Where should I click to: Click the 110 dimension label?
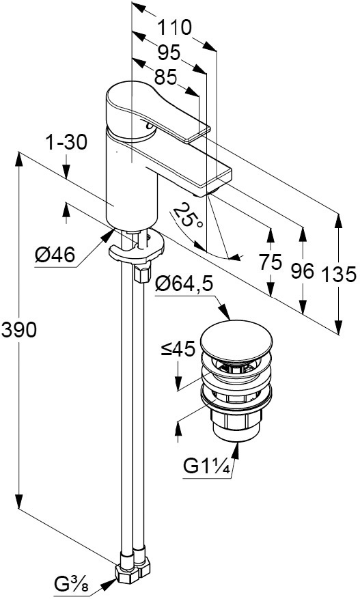(174, 28)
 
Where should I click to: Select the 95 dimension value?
(169, 52)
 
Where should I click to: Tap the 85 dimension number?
(166, 78)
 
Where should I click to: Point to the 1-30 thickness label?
(66, 143)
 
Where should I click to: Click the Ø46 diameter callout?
(55, 254)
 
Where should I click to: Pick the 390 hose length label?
(19, 330)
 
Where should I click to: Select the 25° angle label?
(188, 216)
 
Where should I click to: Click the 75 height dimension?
(271, 262)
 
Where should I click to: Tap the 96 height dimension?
(303, 270)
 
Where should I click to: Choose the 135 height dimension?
(339, 274)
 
